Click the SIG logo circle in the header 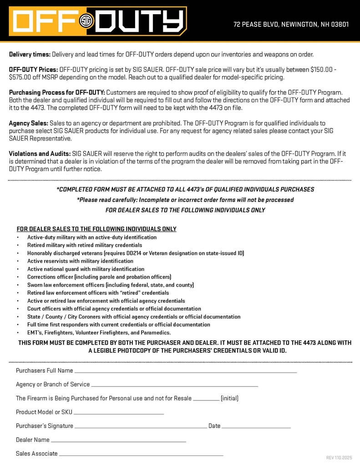(x=86, y=21)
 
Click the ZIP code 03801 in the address (x=340, y=24)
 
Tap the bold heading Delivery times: (x=30, y=55)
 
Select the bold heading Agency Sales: (x=28, y=123)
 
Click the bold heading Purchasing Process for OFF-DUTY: (x=57, y=92)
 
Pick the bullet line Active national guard (x=86, y=269)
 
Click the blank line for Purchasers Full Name (x=186, y=372)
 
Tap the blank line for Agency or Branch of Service (x=175, y=385)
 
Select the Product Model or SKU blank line (x=119, y=413)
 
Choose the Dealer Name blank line (x=118, y=441)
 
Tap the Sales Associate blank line (x=141, y=455)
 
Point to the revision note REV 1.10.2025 (x=339, y=457)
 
